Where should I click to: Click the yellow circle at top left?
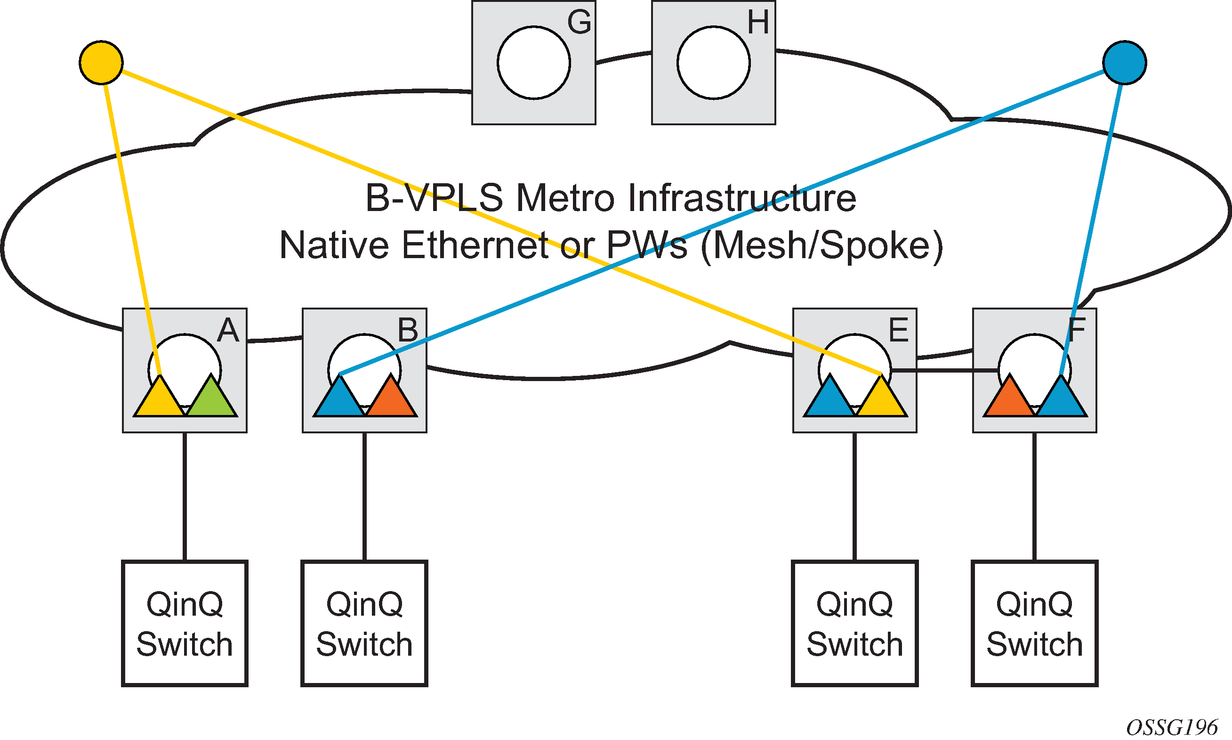[x=101, y=62]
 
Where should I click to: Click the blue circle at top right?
[x=1125, y=62]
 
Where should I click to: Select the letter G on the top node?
[x=579, y=23]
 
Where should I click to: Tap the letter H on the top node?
[x=758, y=23]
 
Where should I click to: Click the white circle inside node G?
[x=534, y=63]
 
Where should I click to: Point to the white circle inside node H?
[x=714, y=63]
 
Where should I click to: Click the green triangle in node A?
[x=211, y=399]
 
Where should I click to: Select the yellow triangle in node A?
[x=160, y=399]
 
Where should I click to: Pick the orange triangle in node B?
[x=391, y=399]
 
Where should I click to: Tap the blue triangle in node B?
[x=339, y=399]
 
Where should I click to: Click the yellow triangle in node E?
[x=881, y=399]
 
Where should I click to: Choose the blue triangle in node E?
[x=830, y=399]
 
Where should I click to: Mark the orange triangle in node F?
[x=1010, y=399]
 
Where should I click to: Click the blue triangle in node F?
[x=1061, y=399]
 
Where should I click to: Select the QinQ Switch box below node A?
[x=185, y=623]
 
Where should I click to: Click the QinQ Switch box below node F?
[x=1035, y=623]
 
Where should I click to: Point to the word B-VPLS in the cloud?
[x=434, y=198]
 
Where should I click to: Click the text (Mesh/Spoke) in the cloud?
[x=822, y=245]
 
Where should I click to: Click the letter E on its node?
[x=899, y=330]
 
